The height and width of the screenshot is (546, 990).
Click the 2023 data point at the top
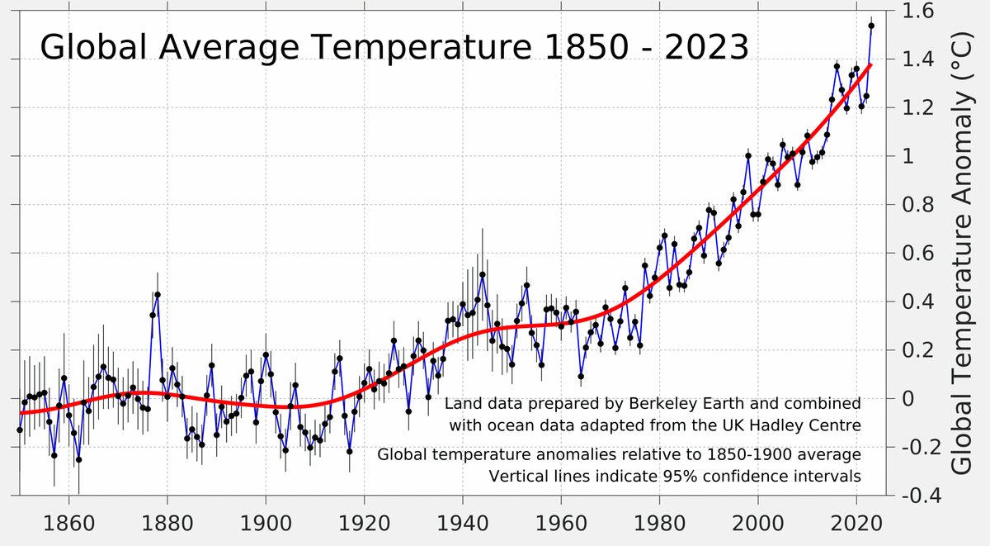[871, 26]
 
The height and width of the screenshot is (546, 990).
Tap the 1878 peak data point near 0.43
[158, 294]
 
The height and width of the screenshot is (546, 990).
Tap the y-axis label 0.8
[917, 205]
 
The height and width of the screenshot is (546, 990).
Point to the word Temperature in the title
[409, 47]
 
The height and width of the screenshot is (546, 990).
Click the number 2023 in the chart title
[703, 47]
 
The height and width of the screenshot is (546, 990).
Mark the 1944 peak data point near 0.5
[483, 274]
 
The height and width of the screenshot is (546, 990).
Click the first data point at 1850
[20, 430]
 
